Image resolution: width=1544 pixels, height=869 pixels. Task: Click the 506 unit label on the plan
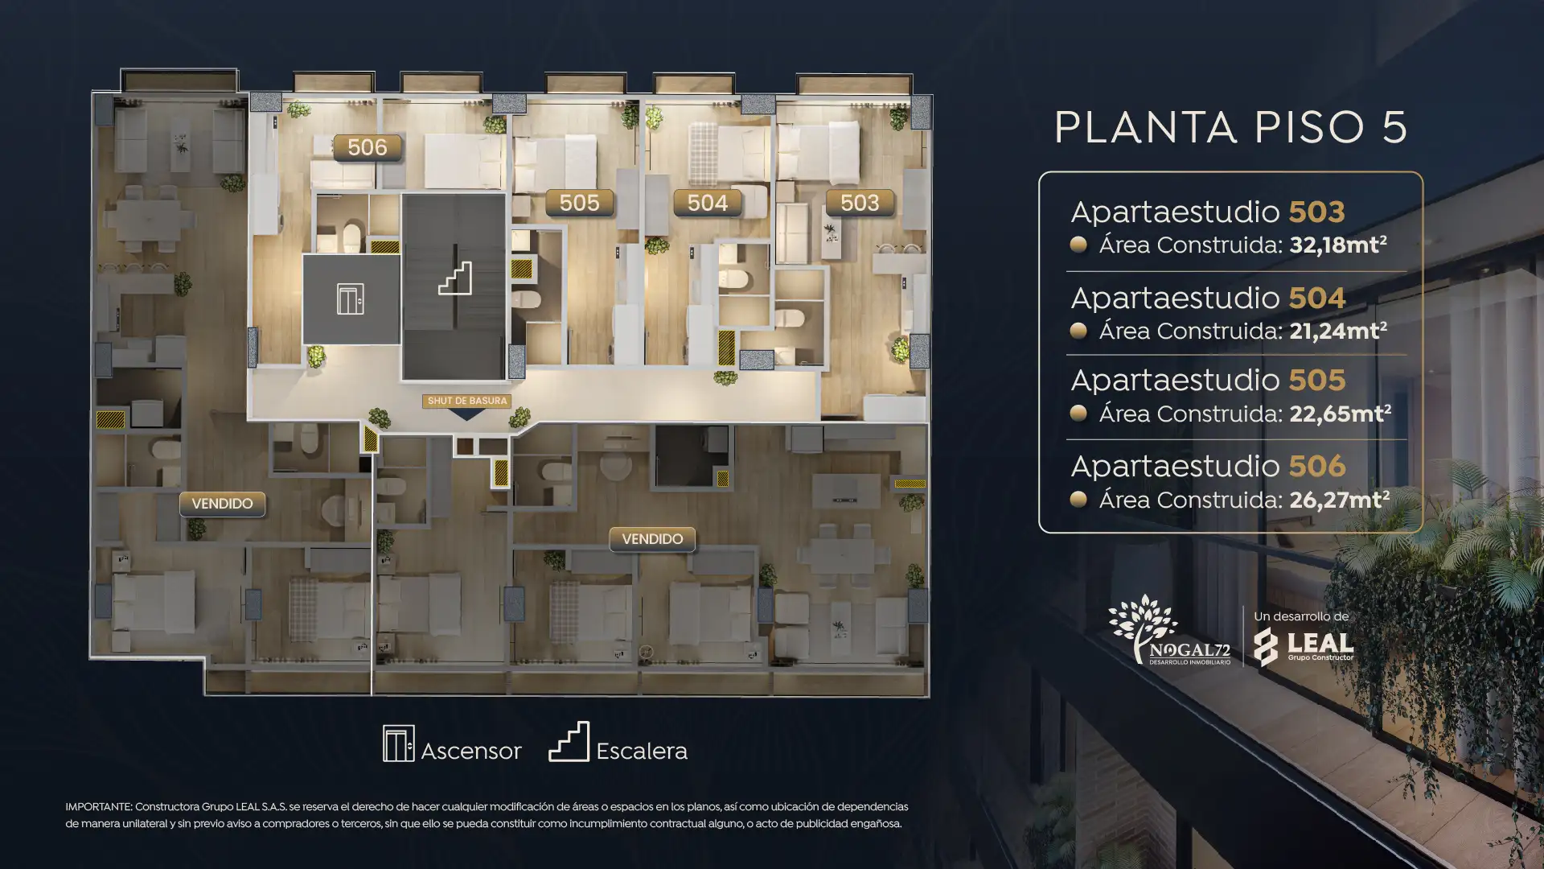(368, 147)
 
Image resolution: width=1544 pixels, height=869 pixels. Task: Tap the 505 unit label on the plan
(579, 203)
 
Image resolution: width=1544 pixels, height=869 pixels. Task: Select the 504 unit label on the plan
(708, 203)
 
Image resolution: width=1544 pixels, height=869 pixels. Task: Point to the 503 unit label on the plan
(860, 203)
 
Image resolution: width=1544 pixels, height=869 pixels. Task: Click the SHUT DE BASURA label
(467, 401)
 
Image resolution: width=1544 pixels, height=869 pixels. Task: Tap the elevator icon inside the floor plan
(351, 299)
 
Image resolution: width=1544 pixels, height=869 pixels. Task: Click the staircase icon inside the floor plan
(455, 278)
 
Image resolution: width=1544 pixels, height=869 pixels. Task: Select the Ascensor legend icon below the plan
(399, 743)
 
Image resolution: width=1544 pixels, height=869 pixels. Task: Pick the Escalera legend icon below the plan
(569, 742)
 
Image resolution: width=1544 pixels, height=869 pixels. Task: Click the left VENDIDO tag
(222, 504)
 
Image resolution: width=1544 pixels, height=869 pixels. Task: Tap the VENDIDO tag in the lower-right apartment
(652, 539)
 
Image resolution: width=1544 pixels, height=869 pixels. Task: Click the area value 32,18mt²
(1338, 245)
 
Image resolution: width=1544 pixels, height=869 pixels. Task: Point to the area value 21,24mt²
(1338, 331)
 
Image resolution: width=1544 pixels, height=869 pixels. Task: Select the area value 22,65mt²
(1340, 414)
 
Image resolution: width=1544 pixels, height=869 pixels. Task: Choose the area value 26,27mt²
(1340, 500)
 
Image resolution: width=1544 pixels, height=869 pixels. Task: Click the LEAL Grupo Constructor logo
(1304, 646)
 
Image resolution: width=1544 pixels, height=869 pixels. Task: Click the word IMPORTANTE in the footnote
(97, 807)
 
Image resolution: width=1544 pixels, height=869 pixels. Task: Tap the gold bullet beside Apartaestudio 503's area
(1078, 245)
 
